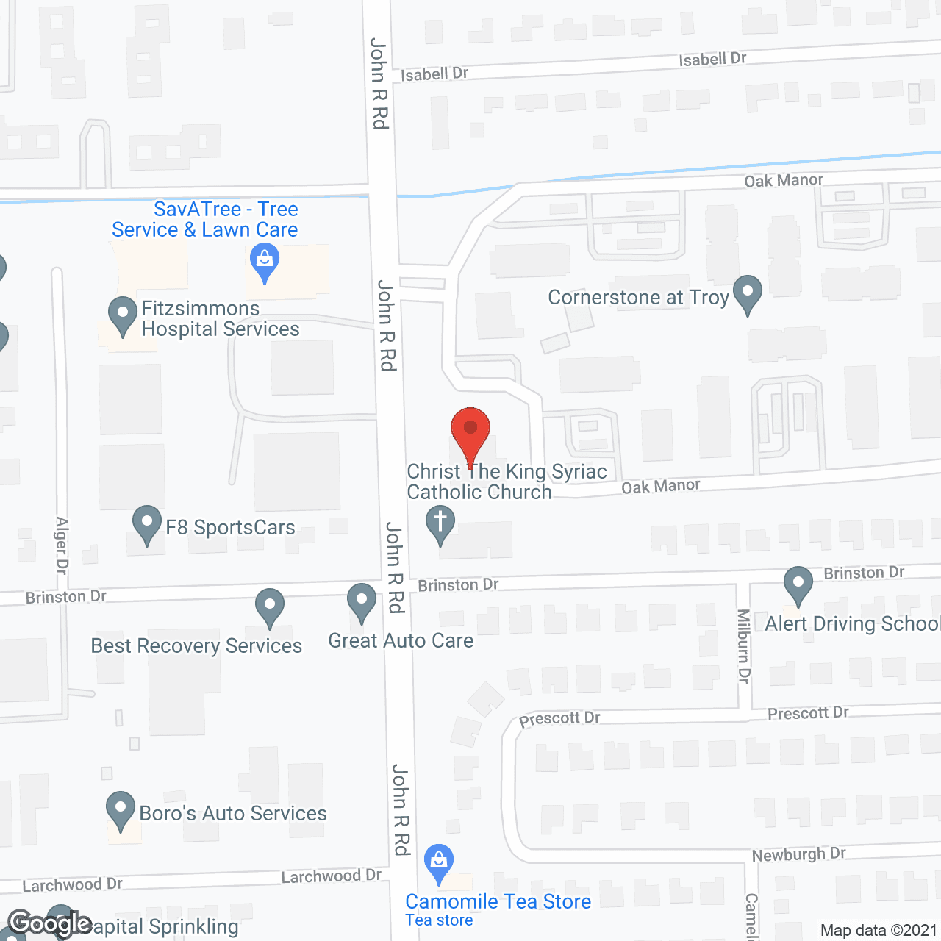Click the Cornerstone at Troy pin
pyautogui.click(x=748, y=294)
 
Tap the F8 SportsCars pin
pyautogui.click(x=147, y=525)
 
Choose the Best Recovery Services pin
pyautogui.click(x=270, y=607)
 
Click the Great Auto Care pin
pyautogui.click(x=362, y=603)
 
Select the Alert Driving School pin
pyautogui.click(x=798, y=586)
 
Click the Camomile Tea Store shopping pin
pyautogui.click(x=439, y=863)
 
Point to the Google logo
pyautogui.click(x=49, y=924)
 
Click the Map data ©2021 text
pyautogui.click(x=879, y=930)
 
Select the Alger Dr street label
pyautogui.click(x=62, y=545)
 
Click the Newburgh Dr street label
pyautogui.click(x=798, y=854)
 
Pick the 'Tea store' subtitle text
pyautogui.click(x=439, y=920)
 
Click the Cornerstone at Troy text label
pyautogui.click(x=638, y=297)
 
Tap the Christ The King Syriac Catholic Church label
pyautogui.click(x=507, y=482)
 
